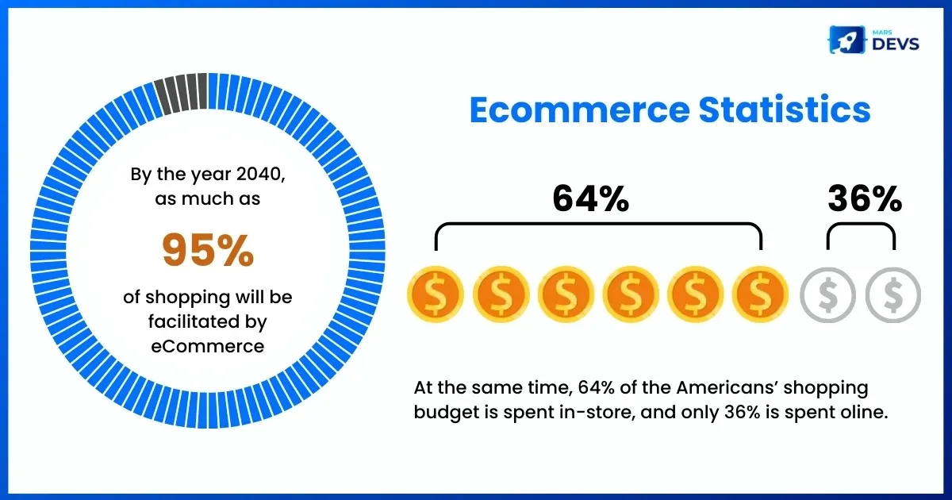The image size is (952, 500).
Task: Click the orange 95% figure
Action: click(x=208, y=250)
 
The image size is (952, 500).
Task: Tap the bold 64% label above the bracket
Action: click(x=591, y=198)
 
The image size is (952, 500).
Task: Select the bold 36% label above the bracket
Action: click(x=865, y=198)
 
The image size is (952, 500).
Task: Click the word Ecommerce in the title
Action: click(x=580, y=110)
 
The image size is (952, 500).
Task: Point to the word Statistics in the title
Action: click(x=785, y=110)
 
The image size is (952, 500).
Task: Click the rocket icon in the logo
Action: click(x=846, y=40)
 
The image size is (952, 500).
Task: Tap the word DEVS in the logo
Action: click(x=896, y=44)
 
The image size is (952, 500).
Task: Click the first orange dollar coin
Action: click(x=436, y=294)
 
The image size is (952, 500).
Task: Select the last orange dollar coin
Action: click(x=760, y=294)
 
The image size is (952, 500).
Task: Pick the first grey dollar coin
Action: click(x=828, y=294)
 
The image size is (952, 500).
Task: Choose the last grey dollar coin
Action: click(x=893, y=294)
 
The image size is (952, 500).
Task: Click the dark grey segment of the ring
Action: click(x=182, y=94)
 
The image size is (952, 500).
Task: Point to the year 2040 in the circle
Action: click(x=259, y=175)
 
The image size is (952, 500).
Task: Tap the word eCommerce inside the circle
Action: click(x=207, y=346)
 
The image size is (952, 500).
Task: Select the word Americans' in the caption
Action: click(x=727, y=387)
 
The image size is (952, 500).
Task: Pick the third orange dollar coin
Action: click(x=566, y=294)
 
